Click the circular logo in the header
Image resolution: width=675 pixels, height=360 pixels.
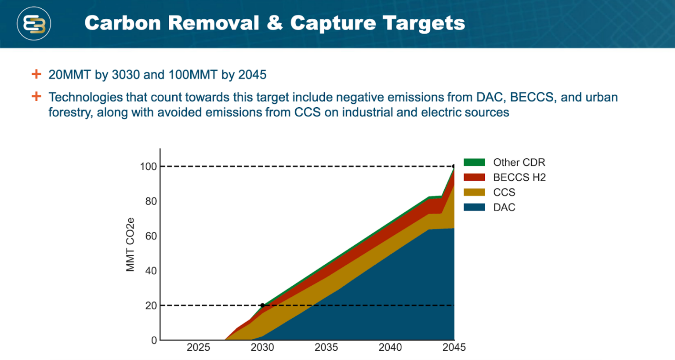pos(34,24)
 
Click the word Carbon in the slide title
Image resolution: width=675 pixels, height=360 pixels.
pos(123,23)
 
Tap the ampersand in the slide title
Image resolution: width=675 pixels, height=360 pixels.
pos(275,23)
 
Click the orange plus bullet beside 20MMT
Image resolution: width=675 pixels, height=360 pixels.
pos(36,74)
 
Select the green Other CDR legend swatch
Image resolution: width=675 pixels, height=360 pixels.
pos(474,162)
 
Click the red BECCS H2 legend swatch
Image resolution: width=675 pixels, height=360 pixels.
pos(474,177)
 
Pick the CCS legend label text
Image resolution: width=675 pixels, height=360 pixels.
pos(504,193)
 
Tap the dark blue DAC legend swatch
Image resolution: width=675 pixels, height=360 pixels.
pos(474,207)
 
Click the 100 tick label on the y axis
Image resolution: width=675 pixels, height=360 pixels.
pos(148,167)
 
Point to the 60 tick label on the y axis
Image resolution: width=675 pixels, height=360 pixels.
pos(151,236)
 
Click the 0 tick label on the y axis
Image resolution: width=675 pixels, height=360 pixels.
pos(154,340)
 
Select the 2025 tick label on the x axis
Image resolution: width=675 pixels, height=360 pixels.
pos(198,347)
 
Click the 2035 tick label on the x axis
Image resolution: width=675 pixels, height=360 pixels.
pos(326,347)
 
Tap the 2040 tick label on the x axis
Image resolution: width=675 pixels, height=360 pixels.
pos(390,347)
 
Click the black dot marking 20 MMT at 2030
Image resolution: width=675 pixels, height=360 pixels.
pos(262,305)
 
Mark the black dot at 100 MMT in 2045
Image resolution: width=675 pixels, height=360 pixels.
pos(454,167)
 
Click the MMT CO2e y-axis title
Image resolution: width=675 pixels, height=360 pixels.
pos(130,245)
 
